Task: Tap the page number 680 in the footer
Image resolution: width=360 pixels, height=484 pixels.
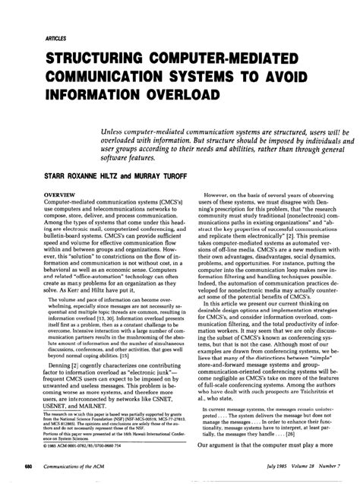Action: coord(27,464)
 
